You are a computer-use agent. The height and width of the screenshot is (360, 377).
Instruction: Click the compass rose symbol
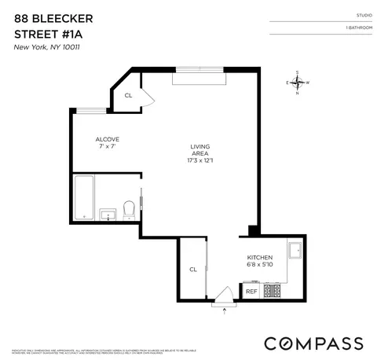coord(298,83)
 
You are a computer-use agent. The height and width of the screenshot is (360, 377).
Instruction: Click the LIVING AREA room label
coord(200,150)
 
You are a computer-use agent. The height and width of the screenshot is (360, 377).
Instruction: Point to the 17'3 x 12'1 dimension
coord(200,161)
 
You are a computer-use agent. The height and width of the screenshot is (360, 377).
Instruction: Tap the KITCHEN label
coord(260,257)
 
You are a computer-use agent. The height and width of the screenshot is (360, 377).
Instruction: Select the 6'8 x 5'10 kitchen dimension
coord(260,266)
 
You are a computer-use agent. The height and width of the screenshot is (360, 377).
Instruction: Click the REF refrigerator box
coord(251,292)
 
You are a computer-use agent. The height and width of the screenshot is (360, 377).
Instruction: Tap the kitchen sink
coord(296,251)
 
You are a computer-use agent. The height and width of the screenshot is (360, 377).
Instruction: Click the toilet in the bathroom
coord(129,209)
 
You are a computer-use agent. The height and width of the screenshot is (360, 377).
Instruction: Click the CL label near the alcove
coord(128,96)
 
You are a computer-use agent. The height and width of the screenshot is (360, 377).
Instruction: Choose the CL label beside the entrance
coord(192,269)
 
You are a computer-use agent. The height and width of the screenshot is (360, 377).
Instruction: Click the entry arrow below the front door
coord(225,312)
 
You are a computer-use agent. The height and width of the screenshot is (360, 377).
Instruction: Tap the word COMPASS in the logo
coord(313,343)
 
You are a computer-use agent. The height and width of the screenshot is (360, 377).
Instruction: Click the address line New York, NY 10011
coord(49,48)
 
